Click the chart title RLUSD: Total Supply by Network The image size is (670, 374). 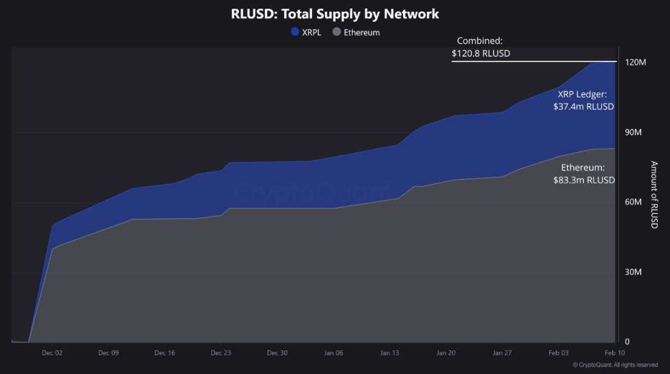(x=335, y=13)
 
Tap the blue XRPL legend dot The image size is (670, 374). (x=295, y=32)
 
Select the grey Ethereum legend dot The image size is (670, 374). (x=337, y=32)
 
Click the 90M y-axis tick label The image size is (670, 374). (x=634, y=132)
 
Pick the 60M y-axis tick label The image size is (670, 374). (x=634, y=202)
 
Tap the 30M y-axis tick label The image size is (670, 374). (x=634, y=272)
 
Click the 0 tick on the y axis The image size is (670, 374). (x=627, y=342)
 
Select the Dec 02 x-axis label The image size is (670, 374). (x=52, y=353)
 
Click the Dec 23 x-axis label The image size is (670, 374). (x=221, y=353)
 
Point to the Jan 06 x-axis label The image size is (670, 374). (x=333, y=353)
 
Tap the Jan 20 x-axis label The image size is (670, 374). (x=446, y=353)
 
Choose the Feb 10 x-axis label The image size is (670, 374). (x=614, y=353)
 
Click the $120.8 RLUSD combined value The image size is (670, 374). (x=481, y=53)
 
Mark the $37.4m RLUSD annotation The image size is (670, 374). (x=583, y=107)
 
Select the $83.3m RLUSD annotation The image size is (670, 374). (x=584, y=180)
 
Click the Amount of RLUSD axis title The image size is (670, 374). (x=654, y=195)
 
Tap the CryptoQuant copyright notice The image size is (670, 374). (x=615, y=365)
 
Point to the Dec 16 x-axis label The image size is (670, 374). (x=165, y=353)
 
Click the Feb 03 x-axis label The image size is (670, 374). (x=558, y=353)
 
